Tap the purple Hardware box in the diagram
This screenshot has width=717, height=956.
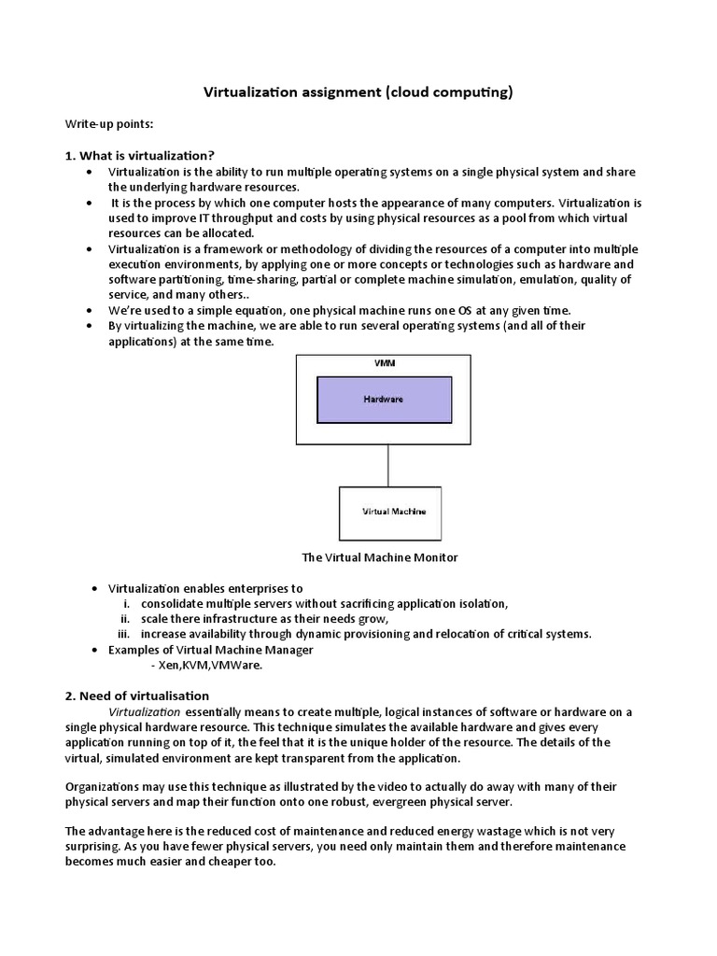[384, 399]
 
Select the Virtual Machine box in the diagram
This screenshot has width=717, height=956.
[390, 513]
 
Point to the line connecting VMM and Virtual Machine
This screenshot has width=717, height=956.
[387, 465]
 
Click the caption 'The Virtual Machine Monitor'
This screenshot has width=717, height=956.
[379, 557]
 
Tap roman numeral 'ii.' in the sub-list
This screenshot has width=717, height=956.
[125, 618]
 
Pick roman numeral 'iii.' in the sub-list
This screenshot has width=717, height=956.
[123, 634]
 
